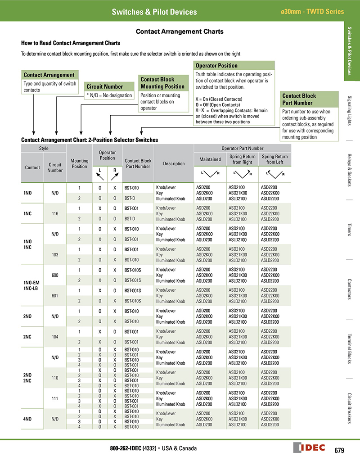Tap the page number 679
(x=339, y=449)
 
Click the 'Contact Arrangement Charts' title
(x=180, y=32)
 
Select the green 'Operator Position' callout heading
(x=216, y=65)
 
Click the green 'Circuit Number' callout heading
(x=105, y=86)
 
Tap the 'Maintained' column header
(x=210, y=159)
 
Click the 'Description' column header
(x=174, y=163)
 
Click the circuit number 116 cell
(x=55, y=213)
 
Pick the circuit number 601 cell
(x=55, y=295)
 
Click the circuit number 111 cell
(x=55, y=398)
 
